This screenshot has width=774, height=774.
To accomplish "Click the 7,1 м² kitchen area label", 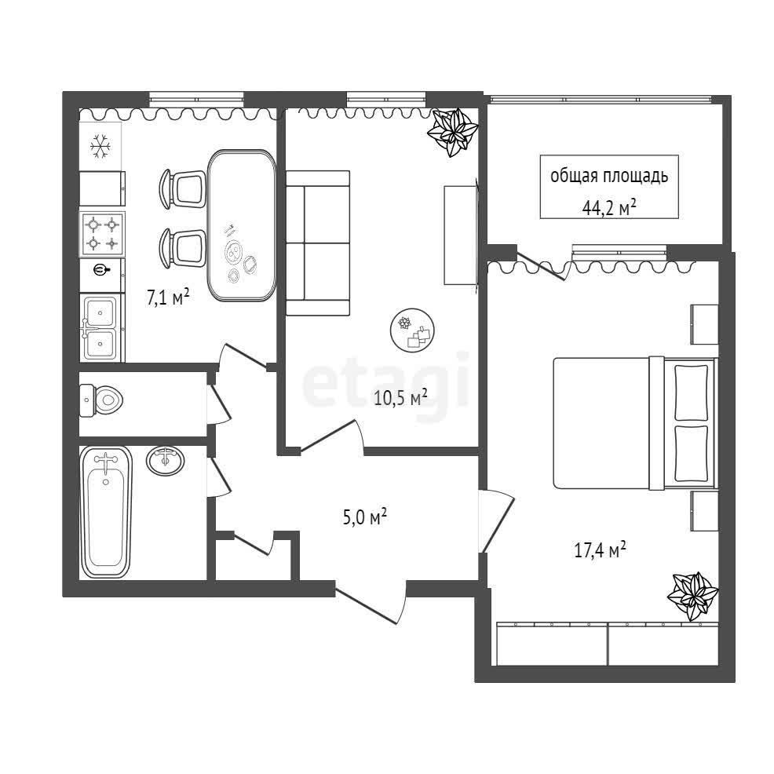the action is click(x=168, y=298).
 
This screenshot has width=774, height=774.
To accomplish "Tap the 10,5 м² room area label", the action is click(x=400, y=397).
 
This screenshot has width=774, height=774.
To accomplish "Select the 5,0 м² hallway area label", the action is click(x=365, y=517).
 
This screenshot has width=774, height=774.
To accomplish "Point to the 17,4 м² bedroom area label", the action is click(x=601, y=549).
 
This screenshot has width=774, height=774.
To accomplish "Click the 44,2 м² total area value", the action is click(x=608, y=208).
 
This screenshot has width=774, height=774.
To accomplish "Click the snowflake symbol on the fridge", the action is click(x=100, y=147).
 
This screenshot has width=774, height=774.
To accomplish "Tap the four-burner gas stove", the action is click(x=102, y=234).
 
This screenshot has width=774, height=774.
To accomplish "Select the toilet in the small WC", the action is click(x=101, y=400).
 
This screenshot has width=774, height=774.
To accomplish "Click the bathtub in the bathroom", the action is click(x=106, y=512).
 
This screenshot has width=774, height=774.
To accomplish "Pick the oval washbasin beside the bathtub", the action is click(x=166, y=461).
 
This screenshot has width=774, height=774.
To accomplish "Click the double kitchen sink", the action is click(x=100, y=327).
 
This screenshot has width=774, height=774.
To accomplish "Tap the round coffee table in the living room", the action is click(x=412, y=330).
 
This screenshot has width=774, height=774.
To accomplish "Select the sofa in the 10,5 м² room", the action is click(x=318, y=243).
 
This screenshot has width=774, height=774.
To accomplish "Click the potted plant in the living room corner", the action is click(x=453, y=132).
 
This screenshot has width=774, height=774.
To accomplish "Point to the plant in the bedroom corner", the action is click(x=692, y=597).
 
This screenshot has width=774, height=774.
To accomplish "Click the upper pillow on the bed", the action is click(x=691, y=392).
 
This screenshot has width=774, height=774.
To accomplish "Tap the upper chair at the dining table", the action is click(x=183, y=189).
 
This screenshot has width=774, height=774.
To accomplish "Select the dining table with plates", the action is click(x=241, y=225).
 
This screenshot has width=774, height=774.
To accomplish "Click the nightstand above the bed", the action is click(x=704, y=324).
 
